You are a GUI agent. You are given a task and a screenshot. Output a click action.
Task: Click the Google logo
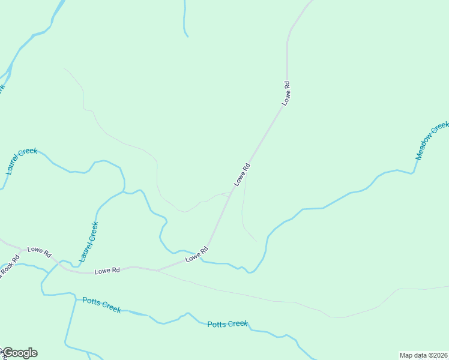[19, 353]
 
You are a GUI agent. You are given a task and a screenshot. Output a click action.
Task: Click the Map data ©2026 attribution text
[423, 355]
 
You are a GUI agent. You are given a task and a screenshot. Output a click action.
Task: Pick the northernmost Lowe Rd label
[286, 94]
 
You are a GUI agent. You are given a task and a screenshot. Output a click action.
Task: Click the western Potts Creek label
[101, 305]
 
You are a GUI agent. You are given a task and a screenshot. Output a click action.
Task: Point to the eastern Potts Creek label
[228, 324]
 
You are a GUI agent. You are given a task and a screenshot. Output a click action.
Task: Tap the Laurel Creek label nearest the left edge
[21, 161]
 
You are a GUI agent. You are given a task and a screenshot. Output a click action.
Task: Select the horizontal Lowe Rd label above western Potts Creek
[107, 271]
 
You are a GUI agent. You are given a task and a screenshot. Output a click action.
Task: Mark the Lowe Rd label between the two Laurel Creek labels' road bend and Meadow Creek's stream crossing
[196, 254]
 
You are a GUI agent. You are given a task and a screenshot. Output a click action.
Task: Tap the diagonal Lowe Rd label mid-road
[241, 174]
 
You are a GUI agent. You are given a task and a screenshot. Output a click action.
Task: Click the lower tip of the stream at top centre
[187, 37]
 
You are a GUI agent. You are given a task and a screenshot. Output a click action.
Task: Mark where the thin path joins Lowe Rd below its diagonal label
[230, 193]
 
